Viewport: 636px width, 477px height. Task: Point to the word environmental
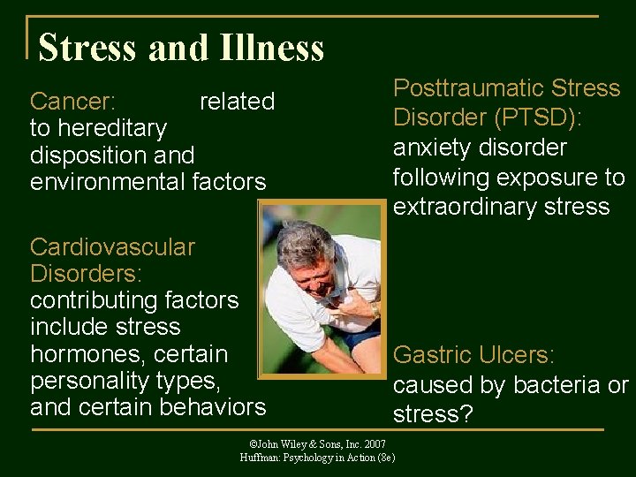[108, 183]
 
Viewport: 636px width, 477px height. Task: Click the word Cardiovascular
[112, 247]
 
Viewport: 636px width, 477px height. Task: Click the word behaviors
[212, 407]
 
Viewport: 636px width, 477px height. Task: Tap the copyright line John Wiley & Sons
[318, 443]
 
